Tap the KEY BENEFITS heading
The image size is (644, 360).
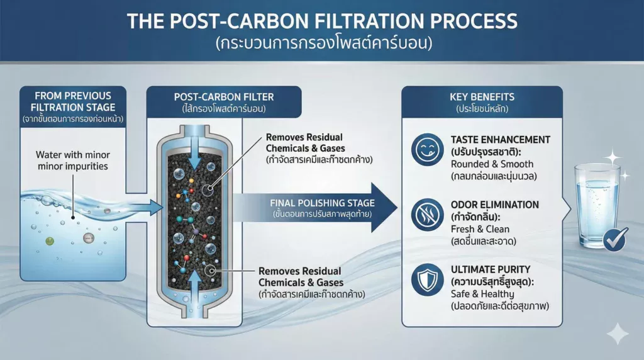482,97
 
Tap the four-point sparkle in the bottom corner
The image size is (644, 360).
618,334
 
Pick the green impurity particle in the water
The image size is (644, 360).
50,241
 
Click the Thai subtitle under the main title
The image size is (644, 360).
321,45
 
